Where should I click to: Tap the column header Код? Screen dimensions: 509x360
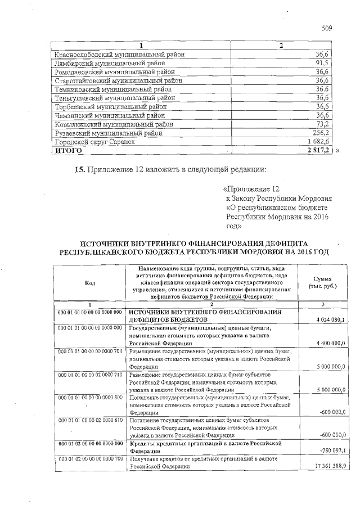pos(90,282)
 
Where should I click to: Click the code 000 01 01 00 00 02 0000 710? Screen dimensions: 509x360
pos(90,374)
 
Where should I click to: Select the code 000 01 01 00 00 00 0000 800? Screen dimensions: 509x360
pos(90,397)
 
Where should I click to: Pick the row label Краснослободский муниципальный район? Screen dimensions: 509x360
pos(119,55)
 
